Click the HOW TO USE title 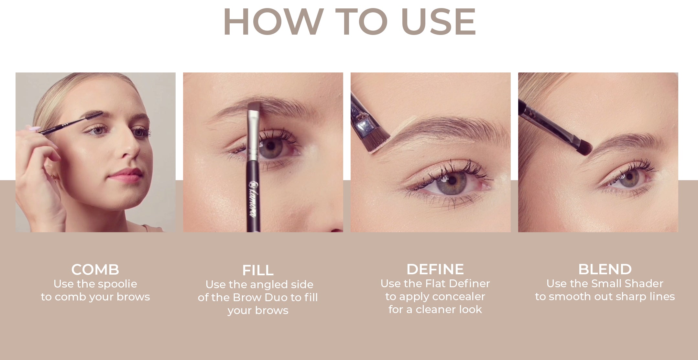[349, 22]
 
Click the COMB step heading [95, 269]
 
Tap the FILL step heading [258, 270]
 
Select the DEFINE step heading [435, 269]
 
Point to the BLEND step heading [605, 269]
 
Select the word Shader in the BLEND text [644, 284]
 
